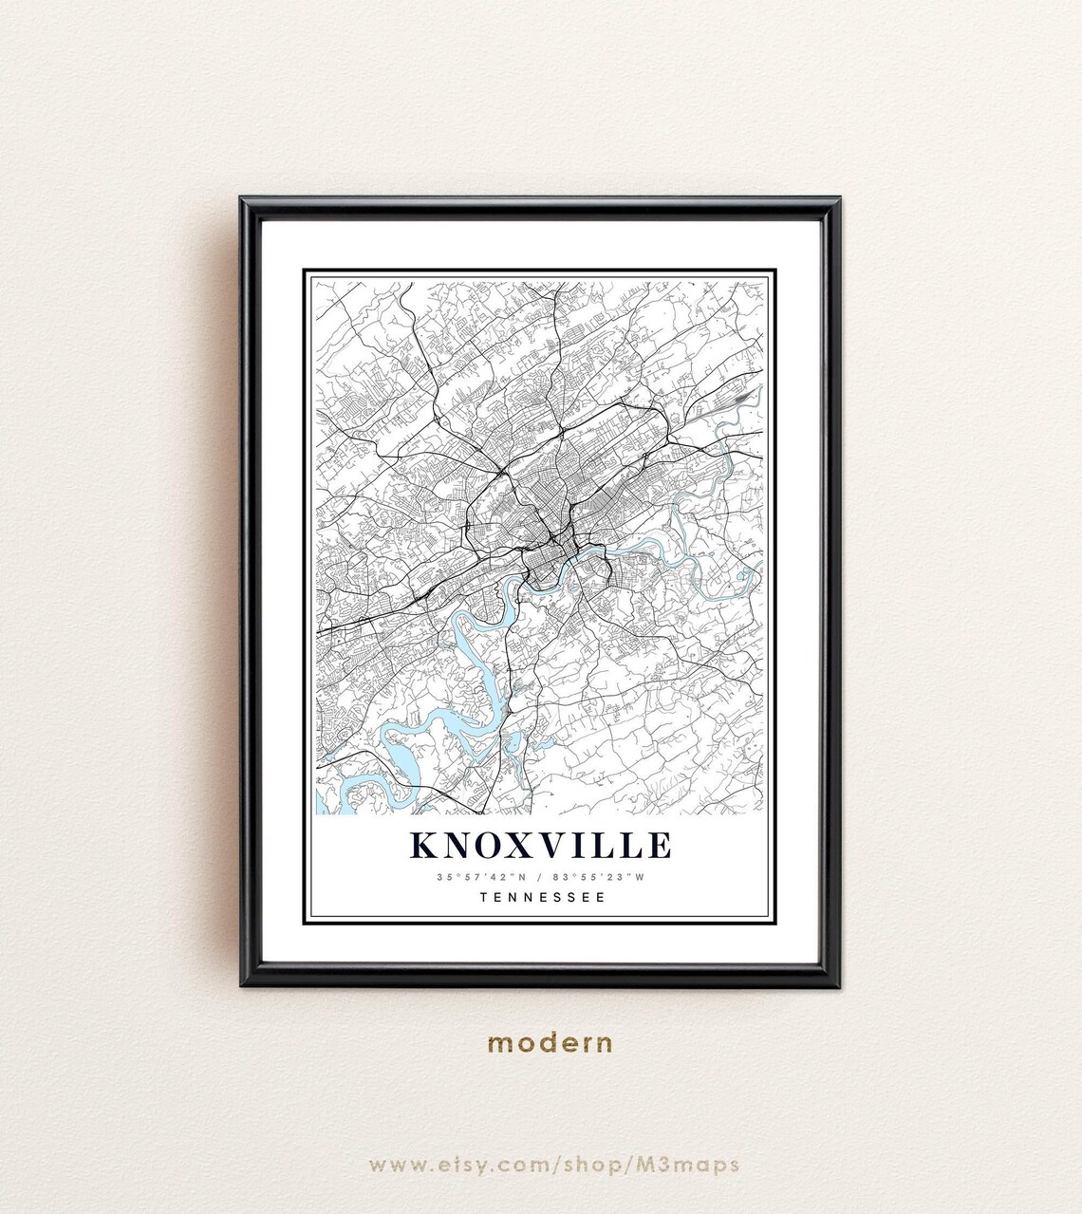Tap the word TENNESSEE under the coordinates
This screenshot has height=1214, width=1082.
(542, 896)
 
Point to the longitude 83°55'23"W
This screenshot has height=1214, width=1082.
(604, 877)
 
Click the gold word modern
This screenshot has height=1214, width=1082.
(550, 1044)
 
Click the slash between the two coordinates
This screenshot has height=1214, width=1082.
(543, 877)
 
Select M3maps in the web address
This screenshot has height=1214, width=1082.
(695, 1164)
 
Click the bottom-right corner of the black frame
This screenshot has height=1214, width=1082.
(838, 983)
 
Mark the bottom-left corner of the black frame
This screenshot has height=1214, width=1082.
(243, 983)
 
